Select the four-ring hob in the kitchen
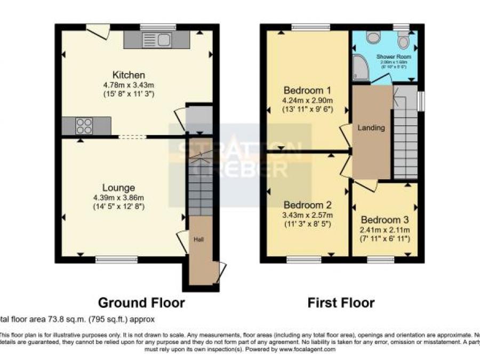(83, 126)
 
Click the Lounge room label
(118, 187)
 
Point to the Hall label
(198, 238)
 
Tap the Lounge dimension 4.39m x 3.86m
(118, 197)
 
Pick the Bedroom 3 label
(385, 220)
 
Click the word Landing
(371, 129)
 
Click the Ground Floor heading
(142, 303)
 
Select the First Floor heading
(341, 303)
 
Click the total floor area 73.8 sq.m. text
(77, 320)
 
